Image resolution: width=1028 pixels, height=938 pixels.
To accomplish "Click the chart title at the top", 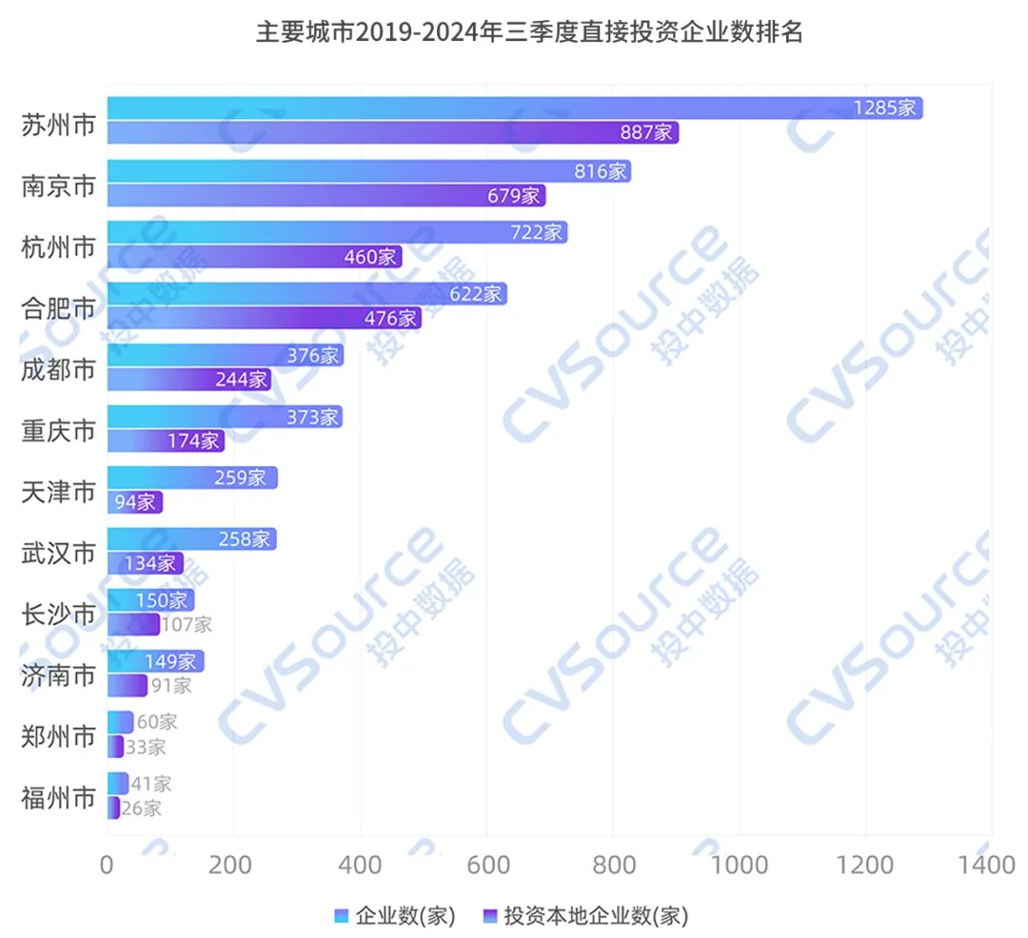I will pos(529,32).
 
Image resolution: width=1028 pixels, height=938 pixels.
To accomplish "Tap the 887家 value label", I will pos(646,133).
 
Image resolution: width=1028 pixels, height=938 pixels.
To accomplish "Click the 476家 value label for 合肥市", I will pos(390,319).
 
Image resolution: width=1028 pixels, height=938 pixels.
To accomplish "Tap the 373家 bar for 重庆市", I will pos(224,417).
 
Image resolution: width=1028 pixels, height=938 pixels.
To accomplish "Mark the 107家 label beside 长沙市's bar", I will pos(187,625).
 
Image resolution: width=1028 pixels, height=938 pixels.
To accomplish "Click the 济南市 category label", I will pos(58,675).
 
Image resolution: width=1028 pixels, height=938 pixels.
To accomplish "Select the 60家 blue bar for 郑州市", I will pos(120,722).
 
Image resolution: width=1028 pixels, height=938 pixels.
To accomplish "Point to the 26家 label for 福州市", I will pos(141,809).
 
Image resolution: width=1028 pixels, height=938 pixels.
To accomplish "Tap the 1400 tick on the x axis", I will pos(990,866).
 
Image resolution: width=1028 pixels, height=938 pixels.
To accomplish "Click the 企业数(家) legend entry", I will pos(396,916).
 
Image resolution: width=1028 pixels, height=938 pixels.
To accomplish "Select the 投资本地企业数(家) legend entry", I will pos(584,916).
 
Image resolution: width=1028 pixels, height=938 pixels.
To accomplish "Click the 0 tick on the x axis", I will pos(108,866).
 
